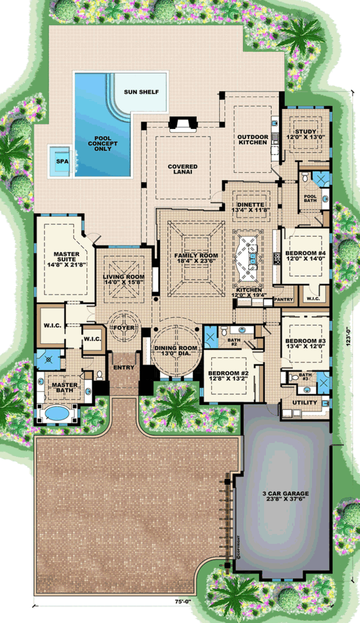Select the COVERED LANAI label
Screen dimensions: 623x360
182,170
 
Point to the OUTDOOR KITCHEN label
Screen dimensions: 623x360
252,140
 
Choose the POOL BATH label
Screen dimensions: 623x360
311,199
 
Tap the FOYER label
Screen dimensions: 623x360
125,328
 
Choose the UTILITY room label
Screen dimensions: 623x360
305,402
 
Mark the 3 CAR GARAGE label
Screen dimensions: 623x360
286,497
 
